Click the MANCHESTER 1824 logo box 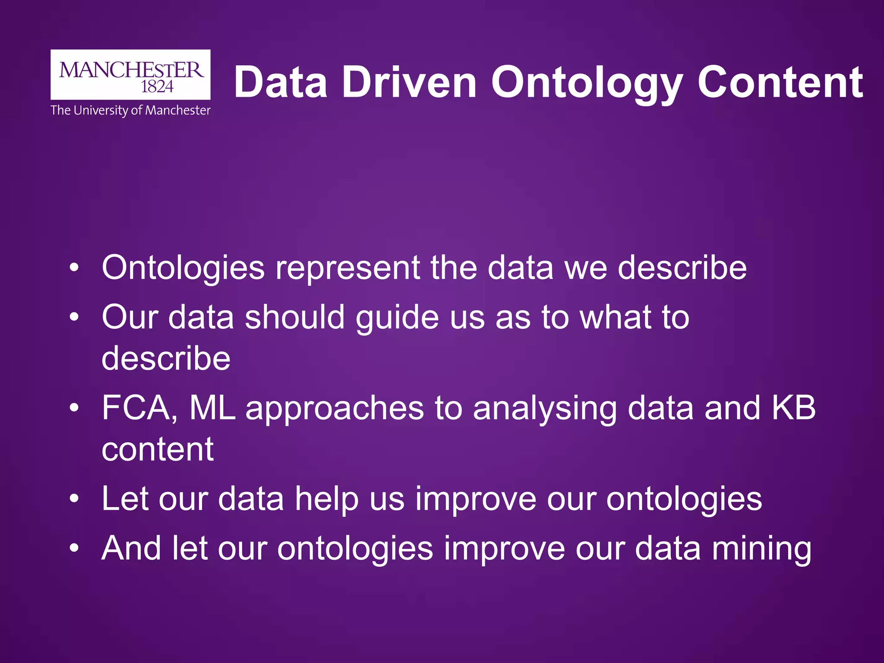tap(130, 75)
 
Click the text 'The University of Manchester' tap(130, 110)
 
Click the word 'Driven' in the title tap(409, 82)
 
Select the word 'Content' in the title tap(780, 82)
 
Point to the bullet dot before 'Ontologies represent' tap(74, 268)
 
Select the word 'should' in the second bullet tap(295, 317)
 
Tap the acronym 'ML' tap(212, 407)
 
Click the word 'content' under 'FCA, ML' tap(158, 449)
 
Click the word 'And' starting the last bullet tap(131, 548)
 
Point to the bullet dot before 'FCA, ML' tap(74, 408)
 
